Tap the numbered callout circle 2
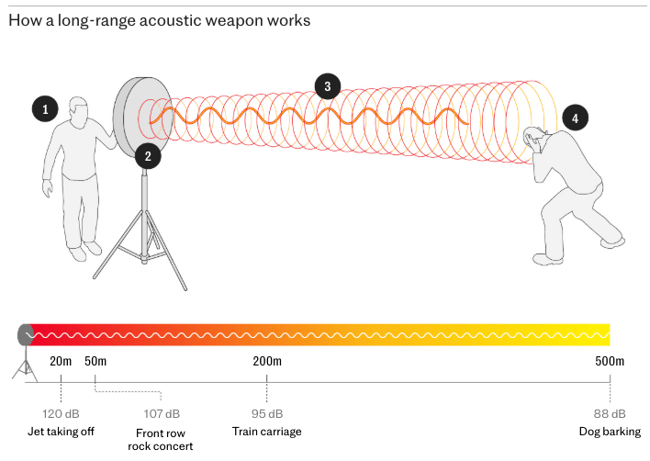pos(146,155)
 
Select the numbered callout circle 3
pos(326,87)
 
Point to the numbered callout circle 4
pos(574,118)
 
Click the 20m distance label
pos(61,361)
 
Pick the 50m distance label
pos(95,361)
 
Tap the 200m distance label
pos(267,361)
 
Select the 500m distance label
pos(609,361)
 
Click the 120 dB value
pos(61,414)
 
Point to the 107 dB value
pos(162,414)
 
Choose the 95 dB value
pos(267,414)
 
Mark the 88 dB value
pos(609,414)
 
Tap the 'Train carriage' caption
pos(267,432)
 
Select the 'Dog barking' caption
pos(609,432)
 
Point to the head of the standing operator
pos(78,111)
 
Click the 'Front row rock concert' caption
pos(161,440)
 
